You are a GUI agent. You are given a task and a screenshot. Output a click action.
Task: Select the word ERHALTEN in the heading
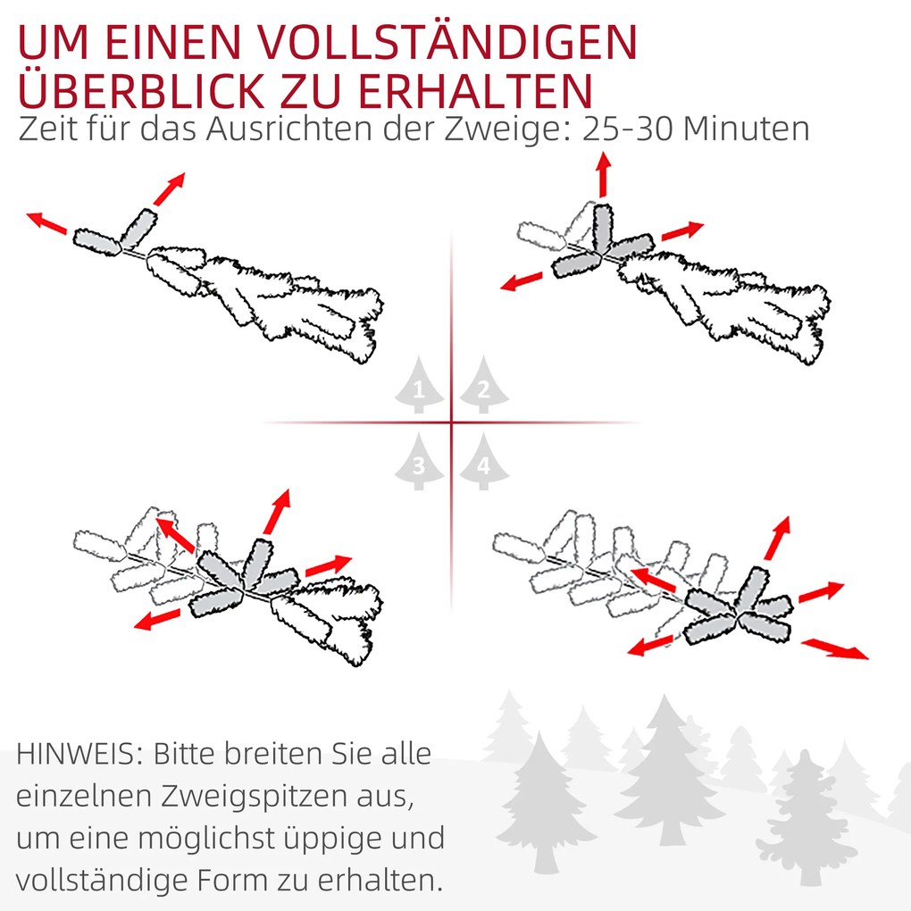click(x=475, y=91)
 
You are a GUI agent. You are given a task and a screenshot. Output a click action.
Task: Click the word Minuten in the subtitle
click(x=746, y=129)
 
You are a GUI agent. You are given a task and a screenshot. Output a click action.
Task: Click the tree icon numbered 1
click(x=419, y=385)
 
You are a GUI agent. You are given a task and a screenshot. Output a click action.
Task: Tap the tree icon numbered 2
click(x=484, y=385)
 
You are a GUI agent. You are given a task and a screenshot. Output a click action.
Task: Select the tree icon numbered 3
click(x=419, y=462)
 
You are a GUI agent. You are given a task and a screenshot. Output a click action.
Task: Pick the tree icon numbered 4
click(x=484, y=462)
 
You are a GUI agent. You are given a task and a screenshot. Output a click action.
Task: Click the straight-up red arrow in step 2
click(x=605, y=174)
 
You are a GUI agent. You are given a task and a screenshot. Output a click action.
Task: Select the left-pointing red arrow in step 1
click(x=47, y=223)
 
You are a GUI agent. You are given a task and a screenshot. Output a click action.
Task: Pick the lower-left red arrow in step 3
click(x=157, y=619)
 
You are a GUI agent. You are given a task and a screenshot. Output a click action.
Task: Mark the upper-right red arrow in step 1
click(x=169, y=188)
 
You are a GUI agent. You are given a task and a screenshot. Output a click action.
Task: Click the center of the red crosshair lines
click(x=451, y=422)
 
